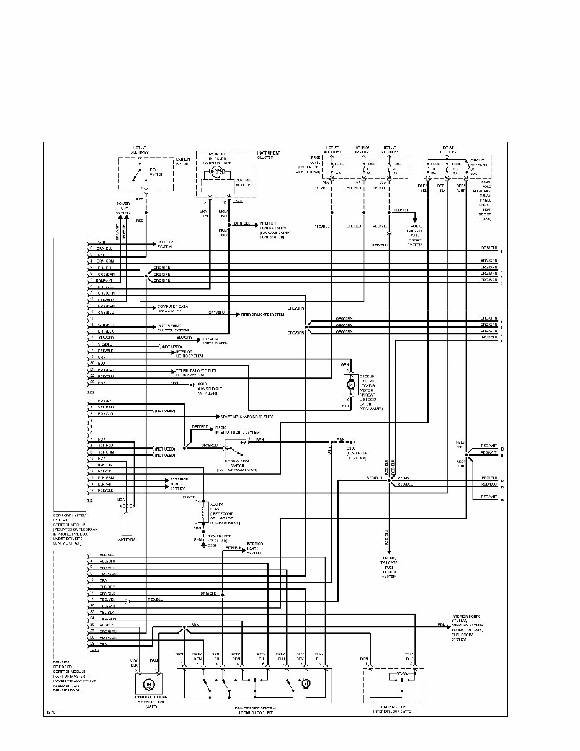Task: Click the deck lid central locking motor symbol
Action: coord(349,385)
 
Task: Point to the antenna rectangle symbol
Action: coord(127,524)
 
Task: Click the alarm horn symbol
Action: coord(198,512)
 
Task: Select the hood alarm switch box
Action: coord(235,446)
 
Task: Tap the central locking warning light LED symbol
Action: coord(149,685)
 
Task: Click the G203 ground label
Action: coord(205,386)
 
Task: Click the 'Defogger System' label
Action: coord(166,245)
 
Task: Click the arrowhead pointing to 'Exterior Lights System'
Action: coord(158,480)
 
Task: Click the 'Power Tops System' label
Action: coord(123,209)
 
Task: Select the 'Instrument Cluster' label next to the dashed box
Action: coord(269,155)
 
